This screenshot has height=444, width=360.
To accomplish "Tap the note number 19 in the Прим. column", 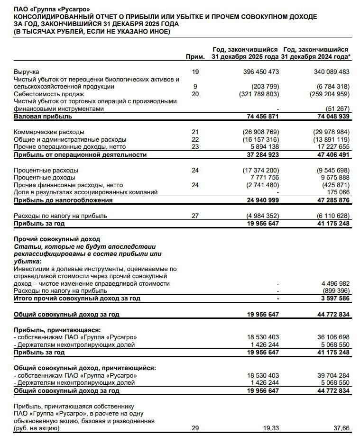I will pyautogui.click(x=195, y=72).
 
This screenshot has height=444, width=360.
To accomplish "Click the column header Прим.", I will pyautogui.click(x=195, y=57).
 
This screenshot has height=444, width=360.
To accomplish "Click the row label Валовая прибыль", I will pyautogui.click(x=43, y=116).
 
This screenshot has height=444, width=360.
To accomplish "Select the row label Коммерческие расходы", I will pyautogui.click(x=49, y=132).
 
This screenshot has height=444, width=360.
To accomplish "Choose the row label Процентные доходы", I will pyautogui.click(x=46, y=178).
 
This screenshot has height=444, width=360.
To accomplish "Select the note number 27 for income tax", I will pyautogui.click(x=195, y=216).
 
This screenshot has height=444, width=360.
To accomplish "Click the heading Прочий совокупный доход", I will pyautogui.click(x=57, y=239).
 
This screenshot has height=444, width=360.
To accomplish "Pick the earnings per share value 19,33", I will pyautogui.click(x=269, y=428).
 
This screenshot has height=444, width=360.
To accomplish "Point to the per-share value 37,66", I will pyautogui.click(x=340, y=428).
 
